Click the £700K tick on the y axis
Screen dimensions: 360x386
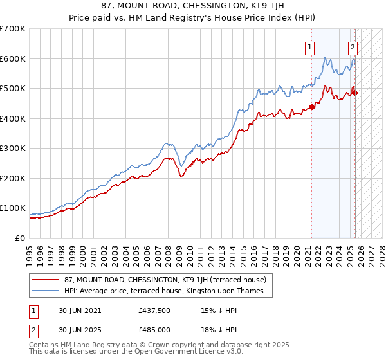(13, 29)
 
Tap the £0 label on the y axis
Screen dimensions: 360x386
(20, 238)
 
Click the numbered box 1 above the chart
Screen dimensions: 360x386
(310, 46)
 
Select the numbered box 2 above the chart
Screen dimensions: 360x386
(353, 46)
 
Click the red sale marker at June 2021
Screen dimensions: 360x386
(312, 107)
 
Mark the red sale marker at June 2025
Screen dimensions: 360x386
(355, 93)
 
